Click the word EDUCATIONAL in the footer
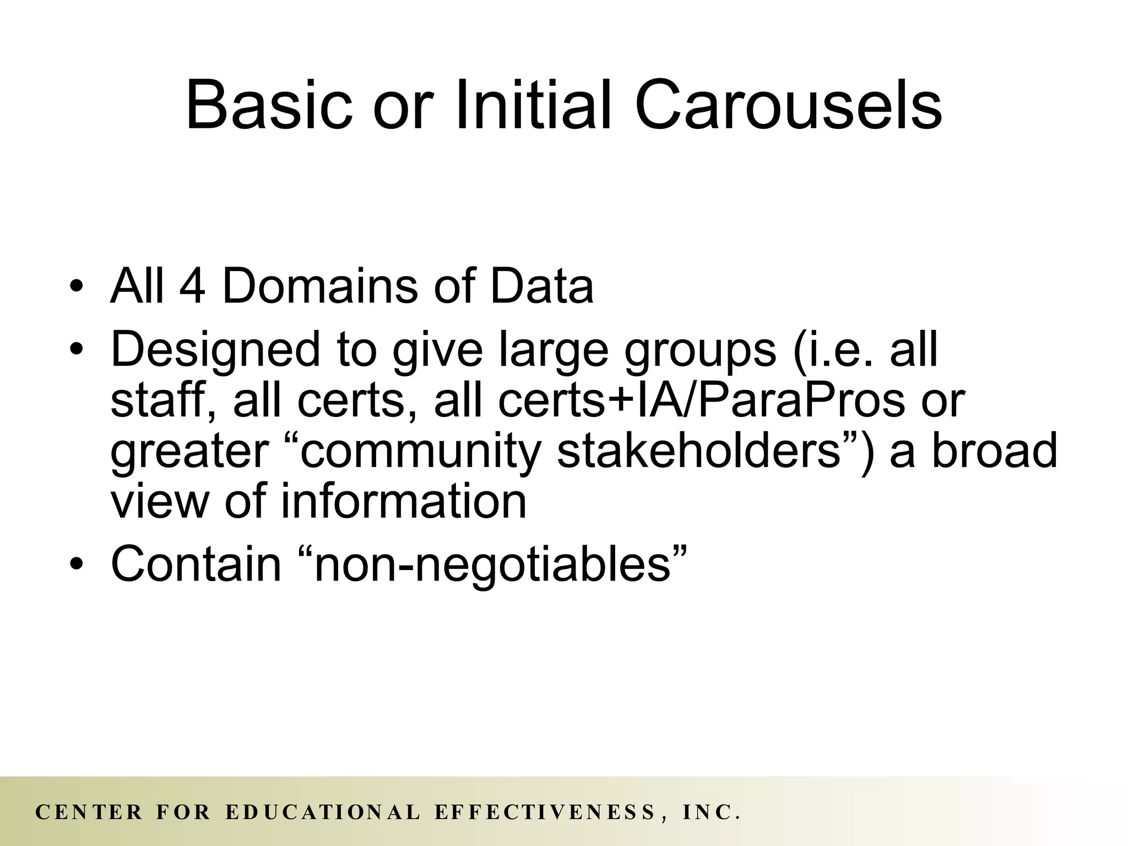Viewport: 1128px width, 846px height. [x=323, y=812]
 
